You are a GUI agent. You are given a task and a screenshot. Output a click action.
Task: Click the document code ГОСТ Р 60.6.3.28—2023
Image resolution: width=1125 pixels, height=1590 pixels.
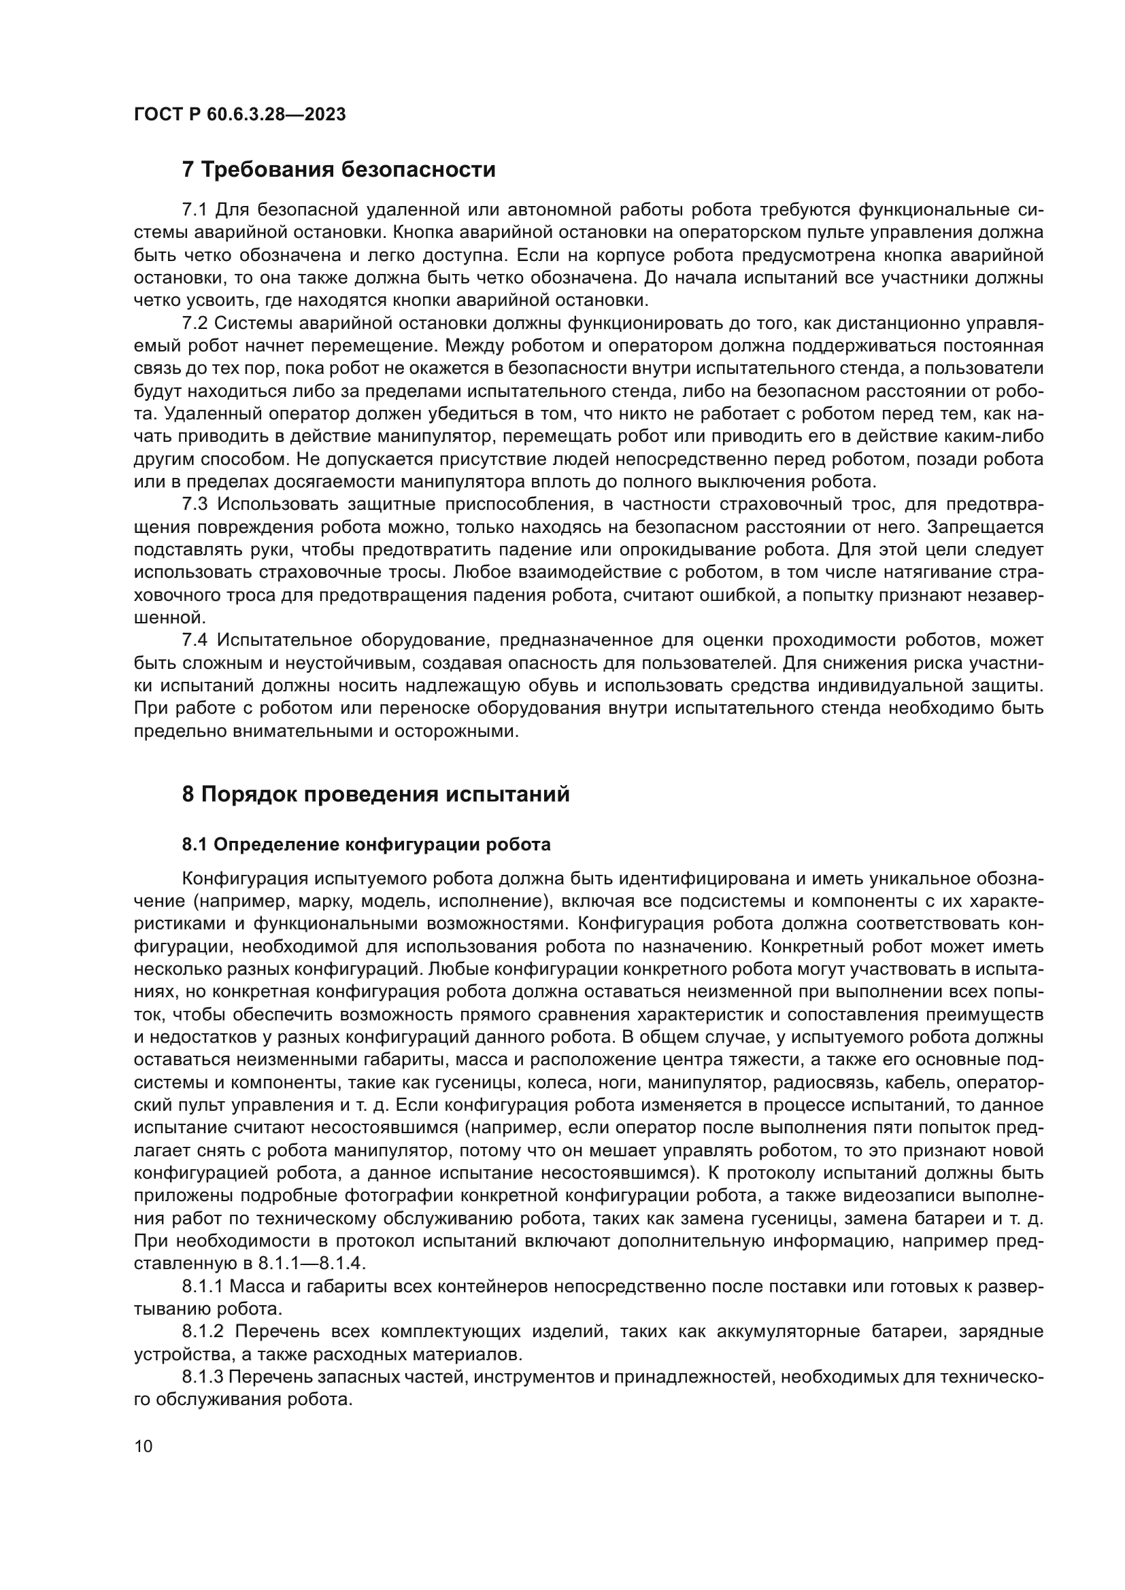coord(239,115)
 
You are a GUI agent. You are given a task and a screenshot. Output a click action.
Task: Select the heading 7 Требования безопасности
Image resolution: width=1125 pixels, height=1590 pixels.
coord(338,170)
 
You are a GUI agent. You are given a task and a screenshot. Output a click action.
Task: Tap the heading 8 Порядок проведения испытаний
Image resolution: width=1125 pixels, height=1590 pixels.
coord(375,793)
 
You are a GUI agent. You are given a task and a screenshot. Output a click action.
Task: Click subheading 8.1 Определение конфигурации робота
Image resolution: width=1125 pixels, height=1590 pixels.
coord(366,845)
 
